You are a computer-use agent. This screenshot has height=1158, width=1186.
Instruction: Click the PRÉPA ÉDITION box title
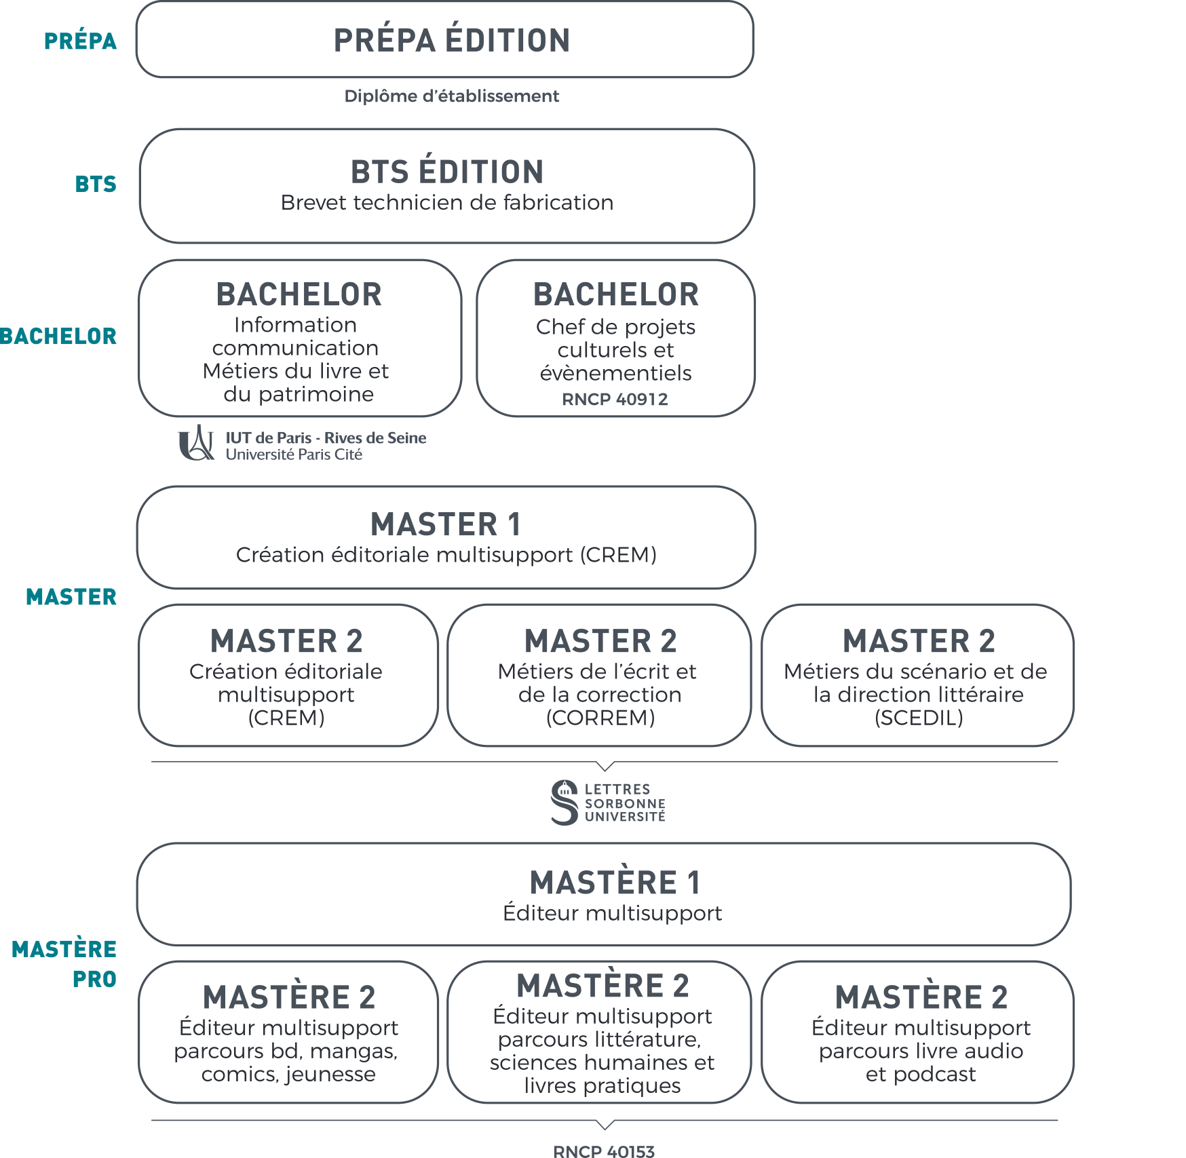coord(451,40)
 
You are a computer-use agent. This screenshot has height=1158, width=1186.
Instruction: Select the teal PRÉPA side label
coord(80,41)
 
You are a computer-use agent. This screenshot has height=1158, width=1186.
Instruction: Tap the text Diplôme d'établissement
coord(451,96)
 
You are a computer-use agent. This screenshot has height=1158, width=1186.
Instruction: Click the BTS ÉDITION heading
coord(447,172)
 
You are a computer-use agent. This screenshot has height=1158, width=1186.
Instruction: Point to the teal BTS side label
coord(96,184)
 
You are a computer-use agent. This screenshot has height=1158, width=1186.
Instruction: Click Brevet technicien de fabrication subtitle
coord(447,203)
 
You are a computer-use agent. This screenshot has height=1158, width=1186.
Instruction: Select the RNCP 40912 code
coord(615,400)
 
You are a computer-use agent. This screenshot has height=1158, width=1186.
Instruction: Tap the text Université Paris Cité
coord(294,455)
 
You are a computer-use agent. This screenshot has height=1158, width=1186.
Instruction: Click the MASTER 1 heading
coord(446,524)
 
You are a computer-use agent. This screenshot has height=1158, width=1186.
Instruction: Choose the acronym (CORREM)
coord(600,718)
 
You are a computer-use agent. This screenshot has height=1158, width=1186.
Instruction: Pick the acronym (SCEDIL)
coord(919,718)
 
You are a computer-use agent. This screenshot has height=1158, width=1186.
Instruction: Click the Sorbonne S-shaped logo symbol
coord(565,803)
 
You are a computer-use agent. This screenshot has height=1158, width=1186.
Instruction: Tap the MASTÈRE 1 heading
coord(615,883)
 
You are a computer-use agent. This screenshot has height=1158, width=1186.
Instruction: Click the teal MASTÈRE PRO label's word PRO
coord(94,980)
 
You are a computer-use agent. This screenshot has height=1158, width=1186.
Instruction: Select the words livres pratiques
coord(602,1085)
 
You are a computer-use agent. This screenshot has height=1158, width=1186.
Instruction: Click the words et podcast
coord(921,1075)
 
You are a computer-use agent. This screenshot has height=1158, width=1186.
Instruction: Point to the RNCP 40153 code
coord(604,1151)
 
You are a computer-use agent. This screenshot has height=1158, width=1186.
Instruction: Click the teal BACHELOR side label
coord(58,336)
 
